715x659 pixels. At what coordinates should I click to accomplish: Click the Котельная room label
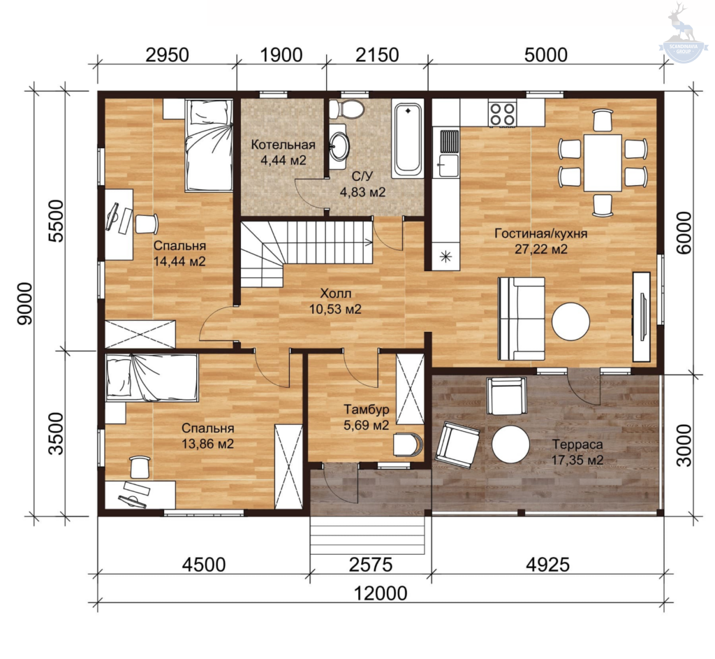[x=283, y=145]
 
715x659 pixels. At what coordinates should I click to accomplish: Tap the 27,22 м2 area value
[x=541, y=249]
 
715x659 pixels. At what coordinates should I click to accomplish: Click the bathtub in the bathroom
[x=408, y=140]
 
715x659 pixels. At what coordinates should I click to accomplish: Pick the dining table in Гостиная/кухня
[x=603, y=162]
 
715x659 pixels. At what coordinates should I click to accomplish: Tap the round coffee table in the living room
[x=571, y=321]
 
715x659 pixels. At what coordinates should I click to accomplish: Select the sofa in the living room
[x=522, y=319]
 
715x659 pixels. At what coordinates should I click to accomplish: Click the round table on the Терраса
[x=510, y=444]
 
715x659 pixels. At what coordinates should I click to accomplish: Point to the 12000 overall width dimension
[x=381, y=594]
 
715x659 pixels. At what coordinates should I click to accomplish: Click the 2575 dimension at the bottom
[x=370, y=565]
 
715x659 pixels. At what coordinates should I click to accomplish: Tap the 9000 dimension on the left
[x=25, y=303]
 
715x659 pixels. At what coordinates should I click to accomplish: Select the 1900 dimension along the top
[x=281, y=55]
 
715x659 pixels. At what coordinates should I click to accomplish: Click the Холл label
[x=336, y=293]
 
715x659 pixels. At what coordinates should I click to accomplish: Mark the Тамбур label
[x=366, y=410]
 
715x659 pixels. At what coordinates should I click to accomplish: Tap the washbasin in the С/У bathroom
[x=339, y=145]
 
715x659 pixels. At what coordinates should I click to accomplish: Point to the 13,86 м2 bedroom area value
[x=208, y=444]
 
